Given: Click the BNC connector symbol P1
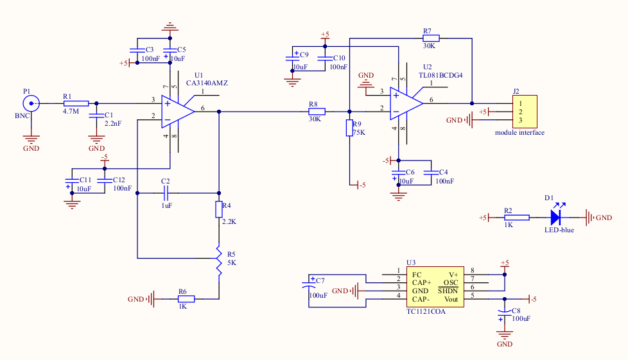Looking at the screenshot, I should pos(30,103).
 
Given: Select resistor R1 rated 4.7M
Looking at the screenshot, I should pos(76,103).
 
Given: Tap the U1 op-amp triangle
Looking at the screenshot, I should pos(177,110).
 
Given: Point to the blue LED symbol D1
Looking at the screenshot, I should pos(557,218).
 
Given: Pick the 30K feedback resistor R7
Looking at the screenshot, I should pos(430,38).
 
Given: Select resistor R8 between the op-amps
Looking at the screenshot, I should pos(317,111).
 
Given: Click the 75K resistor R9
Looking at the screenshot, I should pos(349,128).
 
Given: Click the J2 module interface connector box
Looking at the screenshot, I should pos(525,111).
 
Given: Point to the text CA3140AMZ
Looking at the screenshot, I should pos(207,83).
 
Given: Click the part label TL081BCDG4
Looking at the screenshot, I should pos(440,75).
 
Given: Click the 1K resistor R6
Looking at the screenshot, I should pos(186,298).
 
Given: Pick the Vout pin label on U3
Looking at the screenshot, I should pos(451,300).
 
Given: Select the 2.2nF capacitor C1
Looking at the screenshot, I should pos(96,116).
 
